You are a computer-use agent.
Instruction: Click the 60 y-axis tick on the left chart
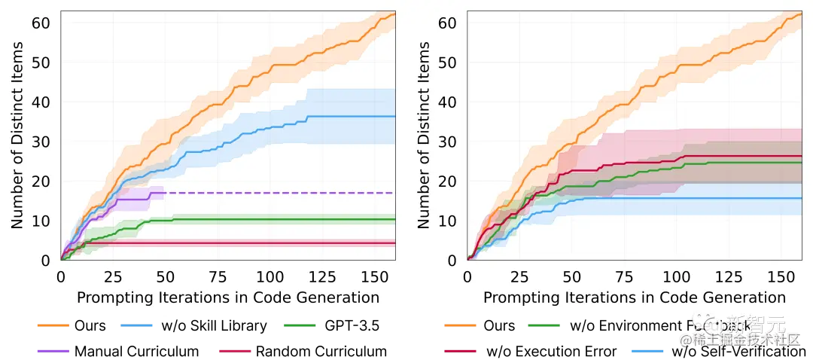tap(41, 23)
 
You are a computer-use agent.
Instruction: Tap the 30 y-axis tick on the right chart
tap(447, 142)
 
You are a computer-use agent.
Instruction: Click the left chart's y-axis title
tap(18, 136)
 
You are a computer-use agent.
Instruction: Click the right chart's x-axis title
tap(634, 297)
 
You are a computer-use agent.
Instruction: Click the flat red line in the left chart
tap(226, 243)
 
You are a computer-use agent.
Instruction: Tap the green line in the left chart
tap(263, 219)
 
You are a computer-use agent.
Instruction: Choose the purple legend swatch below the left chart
tap(54, 352)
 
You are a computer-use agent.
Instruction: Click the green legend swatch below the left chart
tap(301, 325)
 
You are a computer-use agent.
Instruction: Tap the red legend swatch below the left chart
tap(235, 352)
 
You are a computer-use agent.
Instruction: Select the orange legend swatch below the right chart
tap(461, 325)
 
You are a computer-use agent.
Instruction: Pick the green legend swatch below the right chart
tap(542, 325)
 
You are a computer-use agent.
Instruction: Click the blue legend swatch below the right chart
tap(647, 352)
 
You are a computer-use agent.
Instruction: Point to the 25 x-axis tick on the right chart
tap(519, 276)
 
